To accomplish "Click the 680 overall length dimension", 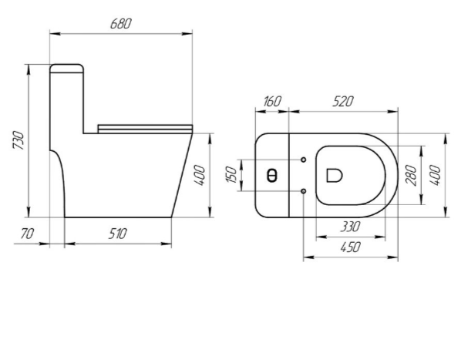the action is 120,24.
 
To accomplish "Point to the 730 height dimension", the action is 19,140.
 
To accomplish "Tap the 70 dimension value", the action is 28,234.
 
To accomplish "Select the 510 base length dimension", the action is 118,234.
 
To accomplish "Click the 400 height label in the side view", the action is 200,176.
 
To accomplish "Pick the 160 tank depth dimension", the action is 272,102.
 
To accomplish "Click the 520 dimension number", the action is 343,102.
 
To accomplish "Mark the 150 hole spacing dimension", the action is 231,175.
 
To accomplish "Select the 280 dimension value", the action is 411,175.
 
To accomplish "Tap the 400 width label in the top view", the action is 436,175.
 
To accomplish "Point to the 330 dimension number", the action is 350,227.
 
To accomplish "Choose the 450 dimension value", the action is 350,247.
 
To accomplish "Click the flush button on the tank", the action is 271,175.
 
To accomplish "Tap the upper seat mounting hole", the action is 303,160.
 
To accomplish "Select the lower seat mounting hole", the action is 303,190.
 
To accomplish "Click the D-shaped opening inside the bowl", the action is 334,175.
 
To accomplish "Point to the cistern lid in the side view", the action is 66,69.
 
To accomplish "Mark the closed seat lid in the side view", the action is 146,129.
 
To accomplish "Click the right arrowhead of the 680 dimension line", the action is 187,34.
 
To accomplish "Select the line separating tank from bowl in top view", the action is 289,175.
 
